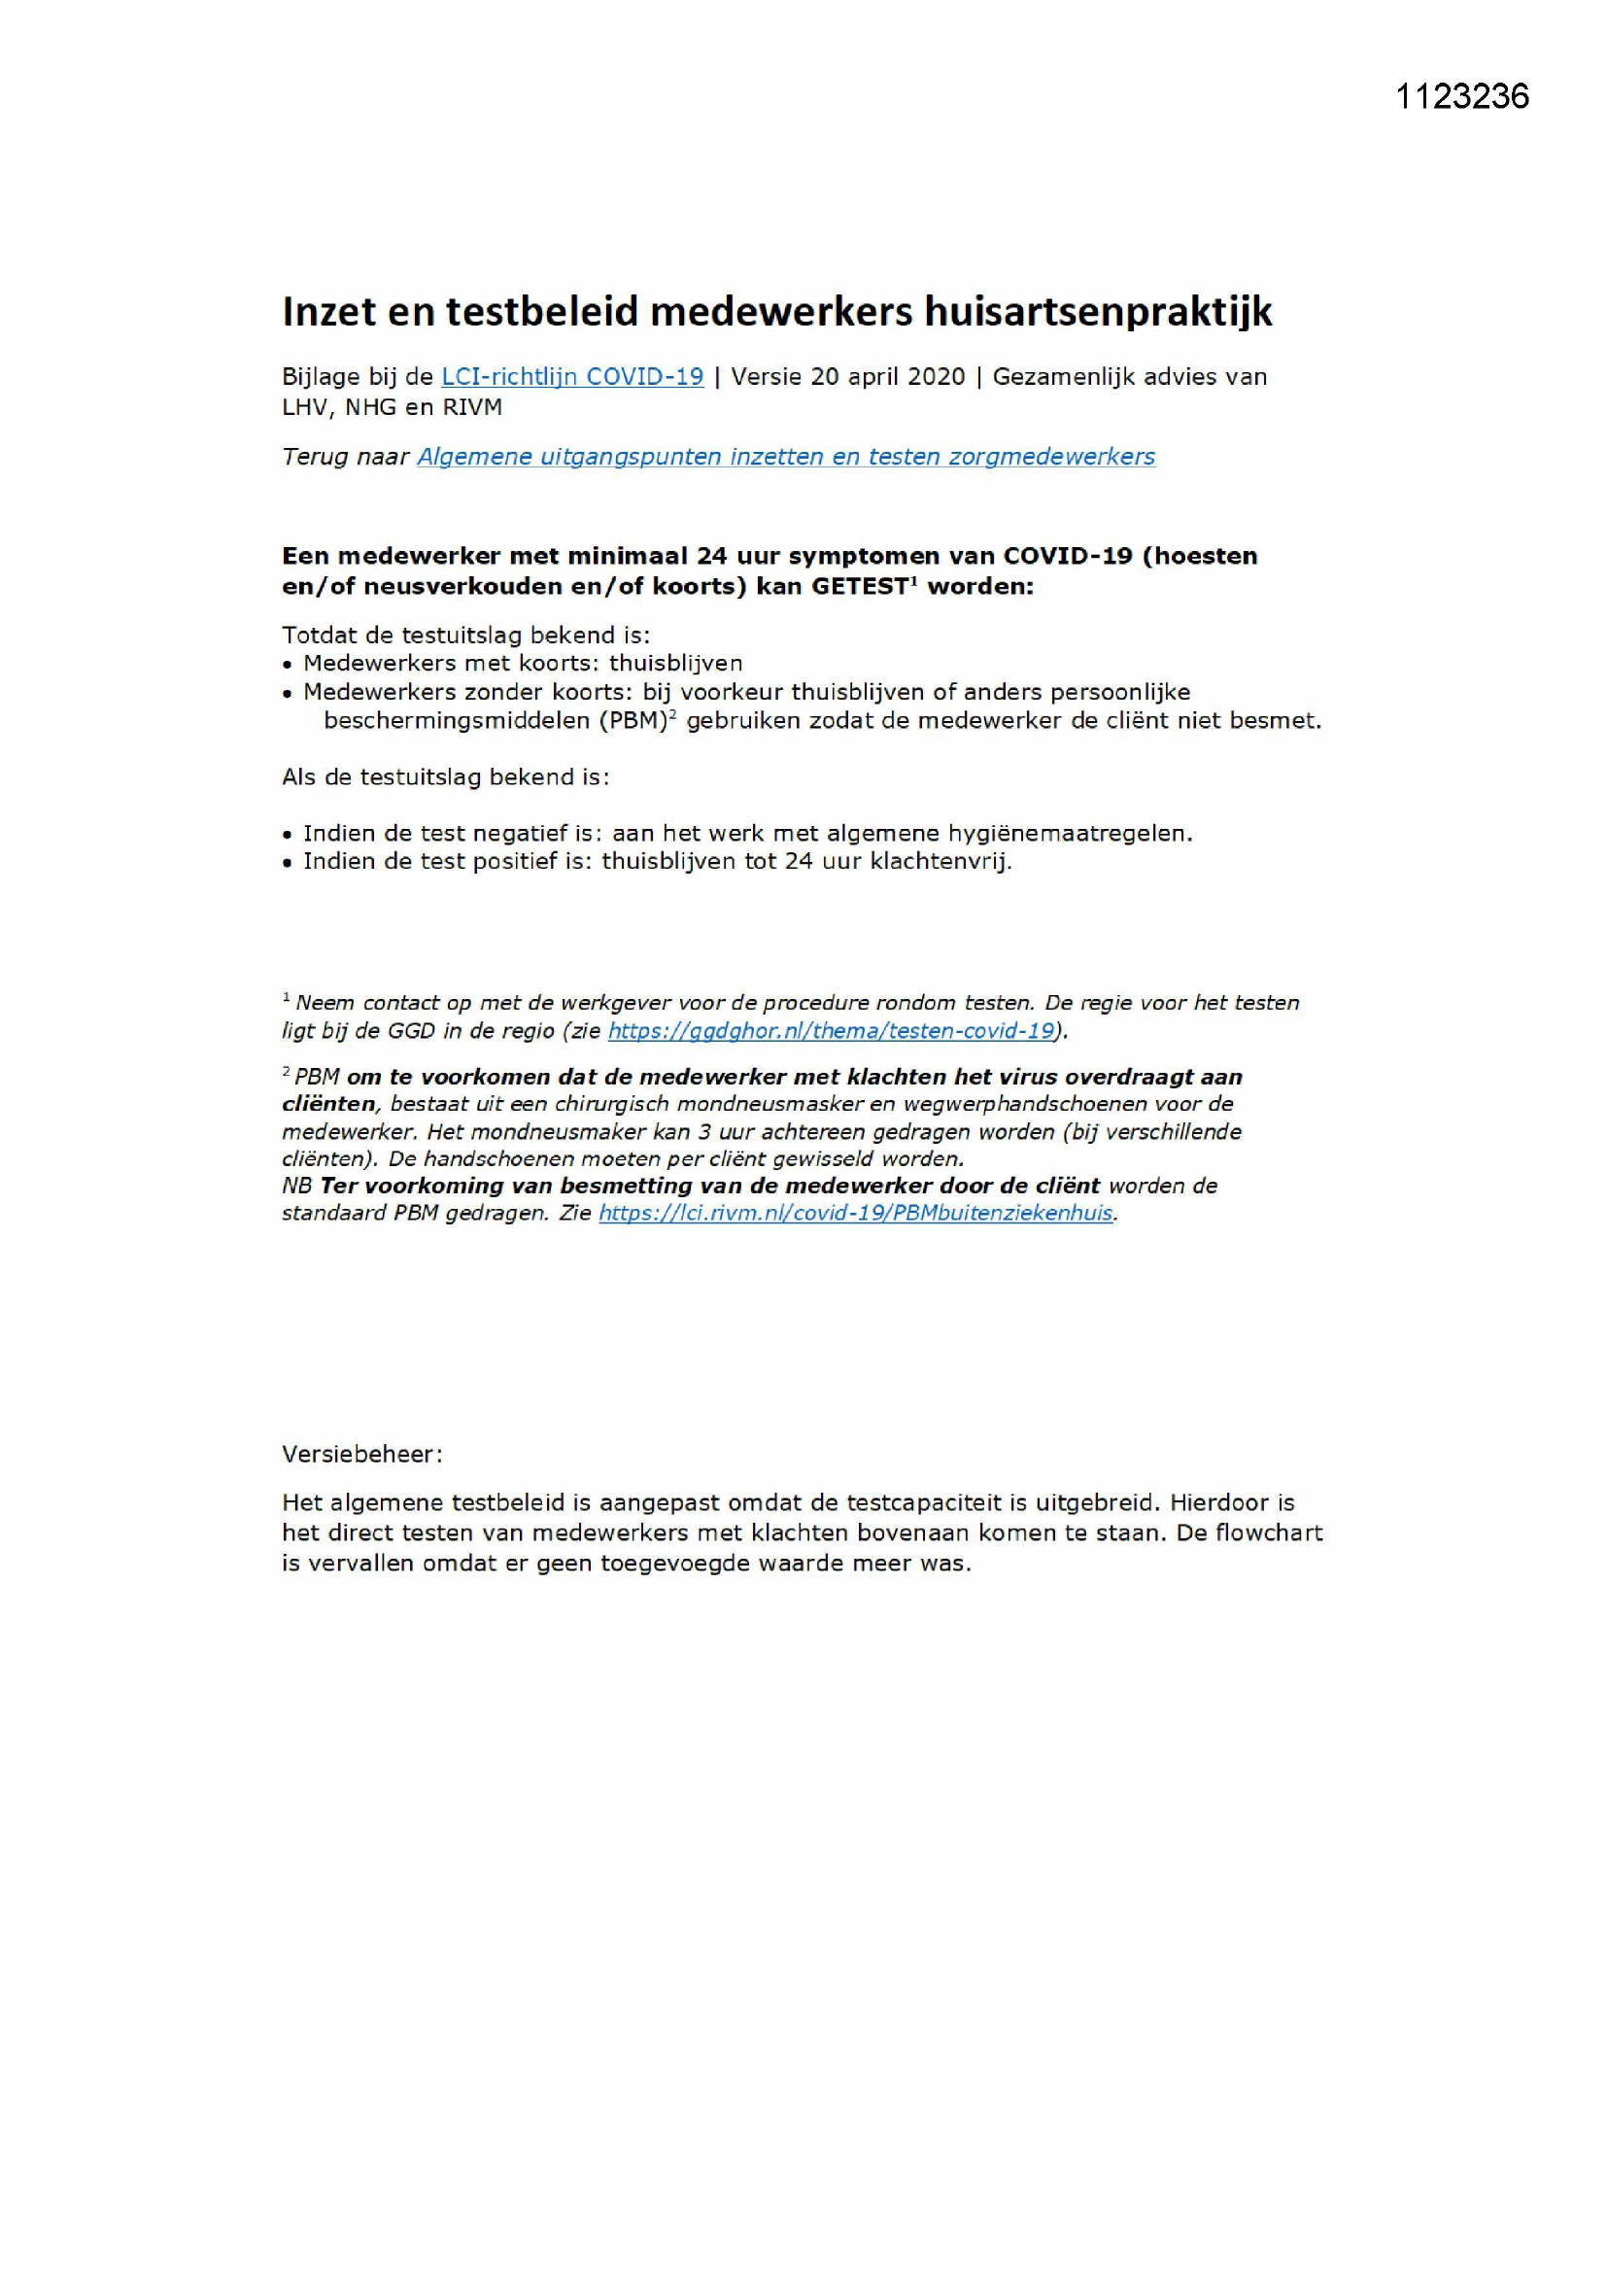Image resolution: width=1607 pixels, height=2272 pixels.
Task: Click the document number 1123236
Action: (x=1461, y=96)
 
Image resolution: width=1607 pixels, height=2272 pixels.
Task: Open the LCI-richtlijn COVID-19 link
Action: (x=572, y=377)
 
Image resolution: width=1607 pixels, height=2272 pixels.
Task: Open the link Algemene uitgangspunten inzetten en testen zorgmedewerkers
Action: (x=786, y=457)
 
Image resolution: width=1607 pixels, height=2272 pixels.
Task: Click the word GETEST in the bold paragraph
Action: (x=859, y=587)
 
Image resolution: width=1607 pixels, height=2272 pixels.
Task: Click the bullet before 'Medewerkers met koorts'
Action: (x=288, y=665)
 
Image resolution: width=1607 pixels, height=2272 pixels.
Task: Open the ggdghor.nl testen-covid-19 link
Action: (x=832, y=1031)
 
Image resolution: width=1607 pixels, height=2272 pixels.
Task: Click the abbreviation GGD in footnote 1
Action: (x=410, y=1031)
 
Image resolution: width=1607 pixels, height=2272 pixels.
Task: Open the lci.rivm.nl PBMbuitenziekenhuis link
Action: (x=856, y=1213)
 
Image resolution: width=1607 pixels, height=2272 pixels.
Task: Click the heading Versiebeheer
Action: (x=361, y=1455)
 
